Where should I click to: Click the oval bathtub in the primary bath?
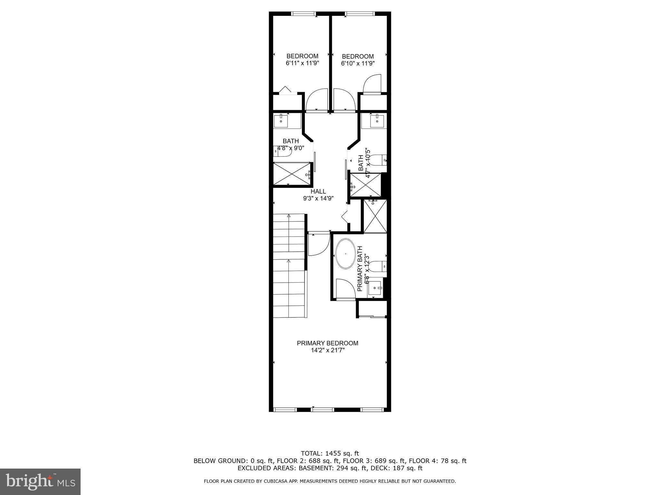[x=346, y=253]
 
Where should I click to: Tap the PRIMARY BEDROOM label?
[x=327, y=343]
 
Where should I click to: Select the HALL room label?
[x=318, y=191]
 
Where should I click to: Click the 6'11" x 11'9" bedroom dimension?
[x=302, y=63]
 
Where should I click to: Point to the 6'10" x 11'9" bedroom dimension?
[x=358, y=63]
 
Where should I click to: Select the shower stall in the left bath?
[x=291, y=173]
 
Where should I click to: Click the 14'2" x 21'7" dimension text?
[x=327, y=350]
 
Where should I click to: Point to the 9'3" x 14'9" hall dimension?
[x=318, y=199]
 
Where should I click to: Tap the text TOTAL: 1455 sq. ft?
[x=330, y=454]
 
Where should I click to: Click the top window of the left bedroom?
[x=304, y=14]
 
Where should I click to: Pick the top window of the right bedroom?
[x=360, y=14]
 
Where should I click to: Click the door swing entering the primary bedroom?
[x=318, y=244]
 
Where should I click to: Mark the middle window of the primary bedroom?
[x=323, y=410]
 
